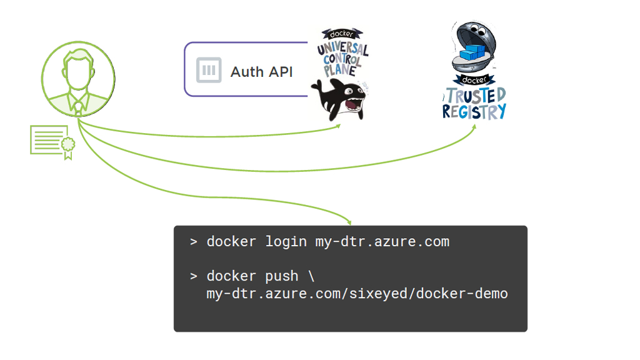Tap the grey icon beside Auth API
coord(209,70)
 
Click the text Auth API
coord(261,71)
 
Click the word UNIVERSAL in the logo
coord(342,49)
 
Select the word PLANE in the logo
coord(340,70)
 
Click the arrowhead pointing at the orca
coord(338,126)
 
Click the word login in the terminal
coord(286,242)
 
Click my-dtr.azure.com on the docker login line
coord(382,242)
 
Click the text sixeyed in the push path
coord(385,293)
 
